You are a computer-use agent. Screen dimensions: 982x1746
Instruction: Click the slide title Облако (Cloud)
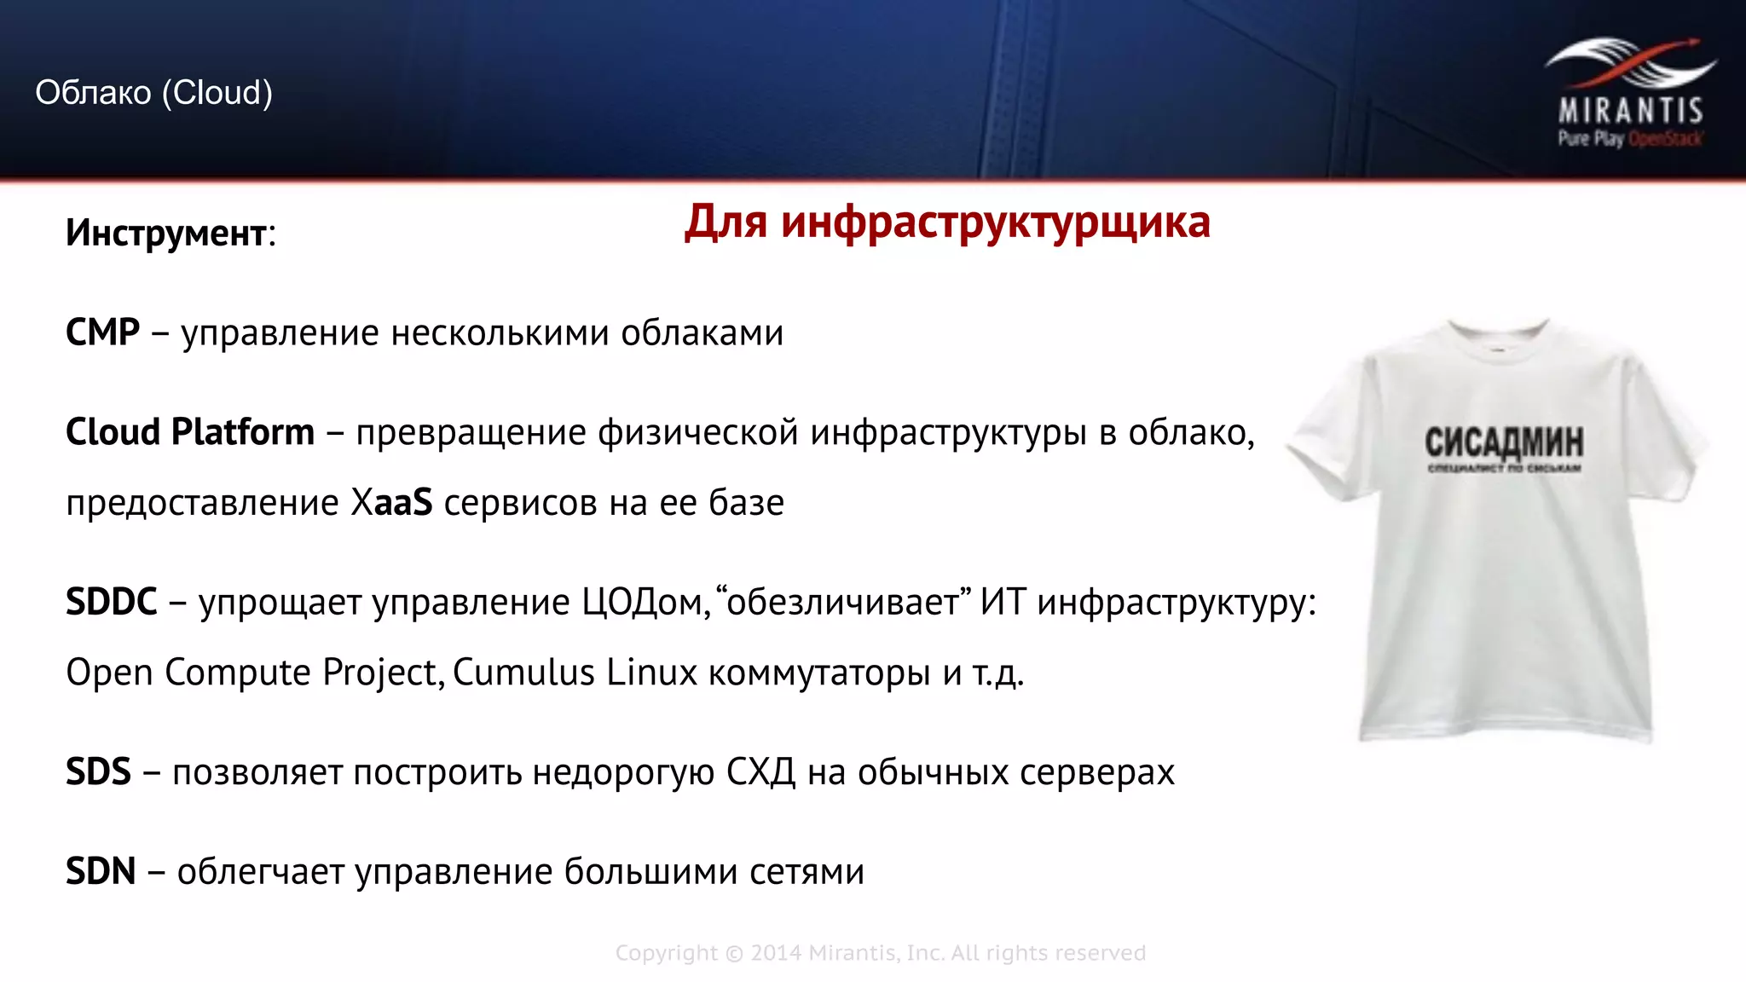153,92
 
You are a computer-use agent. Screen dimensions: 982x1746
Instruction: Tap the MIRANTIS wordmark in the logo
1630,111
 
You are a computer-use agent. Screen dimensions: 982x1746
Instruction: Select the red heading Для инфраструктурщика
947,222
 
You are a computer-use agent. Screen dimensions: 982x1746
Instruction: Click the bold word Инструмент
166,233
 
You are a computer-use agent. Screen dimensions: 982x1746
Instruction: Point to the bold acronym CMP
102,332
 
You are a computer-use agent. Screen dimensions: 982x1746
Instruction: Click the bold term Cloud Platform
189,432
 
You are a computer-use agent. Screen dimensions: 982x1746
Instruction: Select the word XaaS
391,502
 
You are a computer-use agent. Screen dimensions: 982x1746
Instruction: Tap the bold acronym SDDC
111,603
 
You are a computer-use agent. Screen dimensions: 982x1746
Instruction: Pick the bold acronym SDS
98,772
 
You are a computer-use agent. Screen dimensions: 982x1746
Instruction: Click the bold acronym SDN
101,872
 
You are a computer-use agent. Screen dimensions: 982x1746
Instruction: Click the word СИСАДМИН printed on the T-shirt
1504,442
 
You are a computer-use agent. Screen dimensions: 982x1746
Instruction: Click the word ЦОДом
645,603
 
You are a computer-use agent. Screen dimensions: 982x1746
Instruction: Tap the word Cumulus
523,673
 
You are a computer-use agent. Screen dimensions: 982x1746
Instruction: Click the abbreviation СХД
760,772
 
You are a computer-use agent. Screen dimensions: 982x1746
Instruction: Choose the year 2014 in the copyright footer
775,953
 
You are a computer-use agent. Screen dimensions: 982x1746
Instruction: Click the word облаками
702,332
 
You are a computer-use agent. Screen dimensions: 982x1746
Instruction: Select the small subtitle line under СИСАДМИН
1504,469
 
